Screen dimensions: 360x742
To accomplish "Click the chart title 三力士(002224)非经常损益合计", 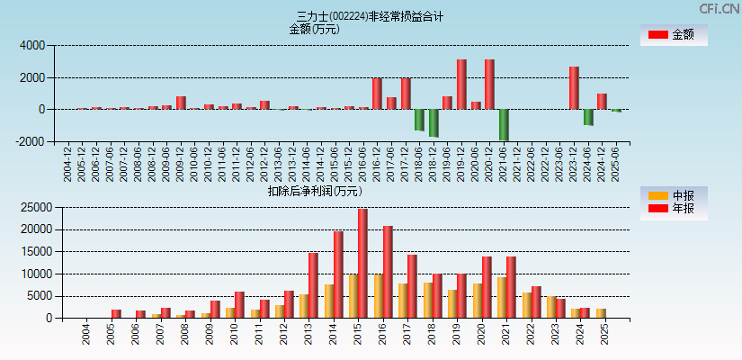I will [x=371, y=16].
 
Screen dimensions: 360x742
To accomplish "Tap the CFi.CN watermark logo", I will [x=720, y=9].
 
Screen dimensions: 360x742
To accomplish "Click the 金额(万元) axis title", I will [x=314, y=29].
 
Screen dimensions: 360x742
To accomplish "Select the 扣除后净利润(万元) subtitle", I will [x=314, y=191].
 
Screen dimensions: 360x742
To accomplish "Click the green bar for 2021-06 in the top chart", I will [x=504, y=125].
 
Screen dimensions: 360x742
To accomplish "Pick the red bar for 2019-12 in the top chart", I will [x=461, y=85].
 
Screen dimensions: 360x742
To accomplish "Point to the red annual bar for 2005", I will [x=116, y=313].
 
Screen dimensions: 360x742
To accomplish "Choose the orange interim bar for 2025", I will [x=601, y=313].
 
